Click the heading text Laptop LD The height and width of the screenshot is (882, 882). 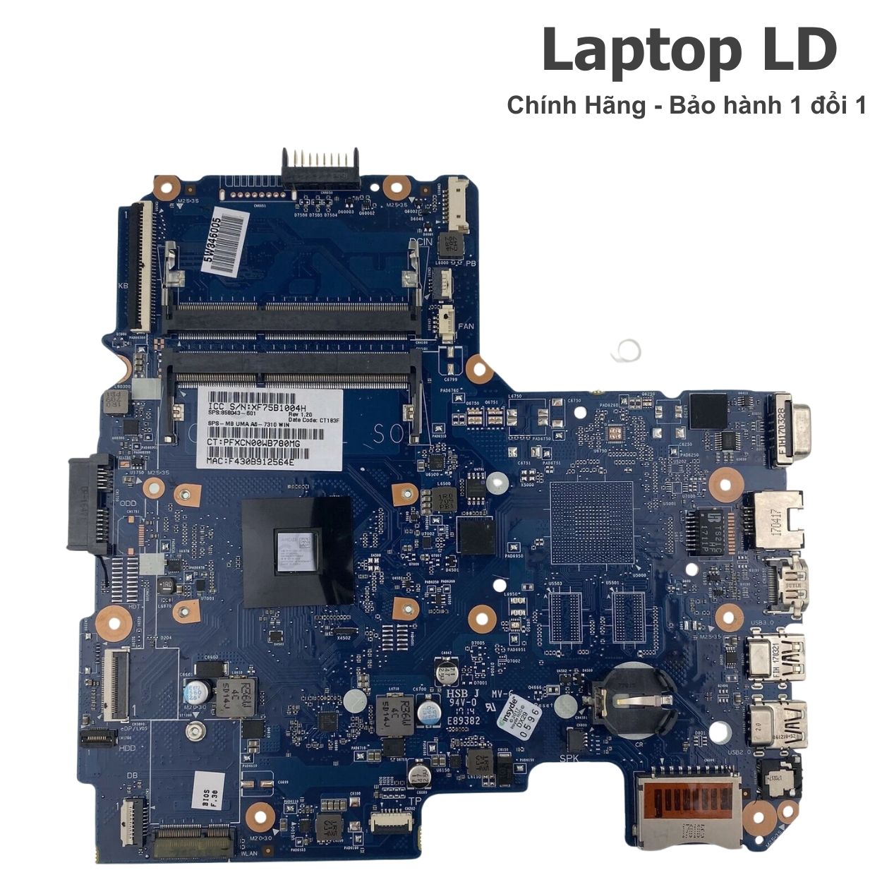pos(689,51)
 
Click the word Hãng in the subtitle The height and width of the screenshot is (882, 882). pos(618,106)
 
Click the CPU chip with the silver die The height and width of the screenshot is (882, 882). pos(297,550)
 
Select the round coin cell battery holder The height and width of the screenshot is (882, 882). pos(627,699)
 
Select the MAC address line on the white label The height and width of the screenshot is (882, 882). pos(250,461)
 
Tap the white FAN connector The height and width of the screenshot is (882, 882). pos(447,322)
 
